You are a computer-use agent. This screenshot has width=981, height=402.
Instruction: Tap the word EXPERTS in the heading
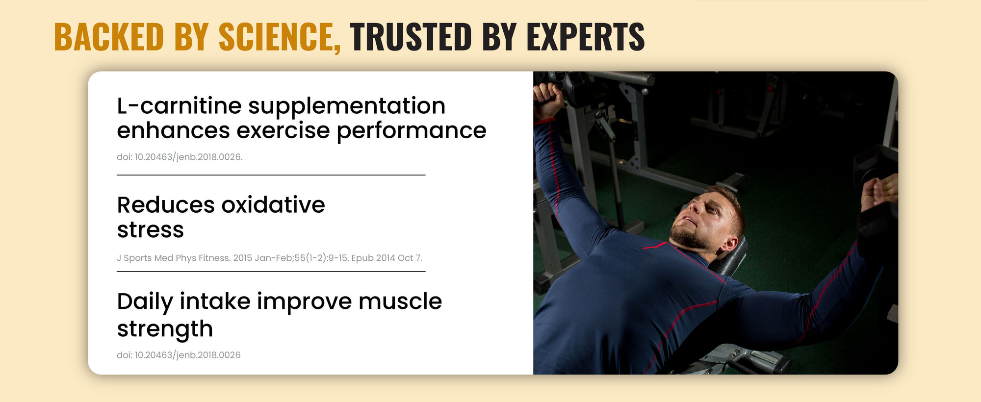point(586,37)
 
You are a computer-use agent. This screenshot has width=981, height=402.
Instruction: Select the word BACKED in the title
point(109,37)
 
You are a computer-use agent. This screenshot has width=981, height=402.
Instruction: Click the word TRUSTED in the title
point(411,37)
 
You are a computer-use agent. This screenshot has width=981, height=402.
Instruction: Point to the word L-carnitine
point(180,106)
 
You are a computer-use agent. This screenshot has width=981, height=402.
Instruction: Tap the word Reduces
point(166,204)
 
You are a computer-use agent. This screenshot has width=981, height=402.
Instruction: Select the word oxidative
point(273,204)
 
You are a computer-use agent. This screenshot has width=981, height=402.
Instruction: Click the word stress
point(150,230)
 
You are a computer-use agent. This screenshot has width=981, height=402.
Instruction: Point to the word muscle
point(400,301)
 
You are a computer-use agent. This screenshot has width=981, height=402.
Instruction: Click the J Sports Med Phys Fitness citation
point(269,258)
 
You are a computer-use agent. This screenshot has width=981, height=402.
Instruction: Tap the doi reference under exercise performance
point(180,157)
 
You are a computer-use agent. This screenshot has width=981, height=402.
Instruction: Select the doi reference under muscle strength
point(179,355)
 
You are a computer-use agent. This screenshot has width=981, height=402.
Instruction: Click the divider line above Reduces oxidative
point(271,175)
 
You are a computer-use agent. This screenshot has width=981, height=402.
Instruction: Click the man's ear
point(729,243)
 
